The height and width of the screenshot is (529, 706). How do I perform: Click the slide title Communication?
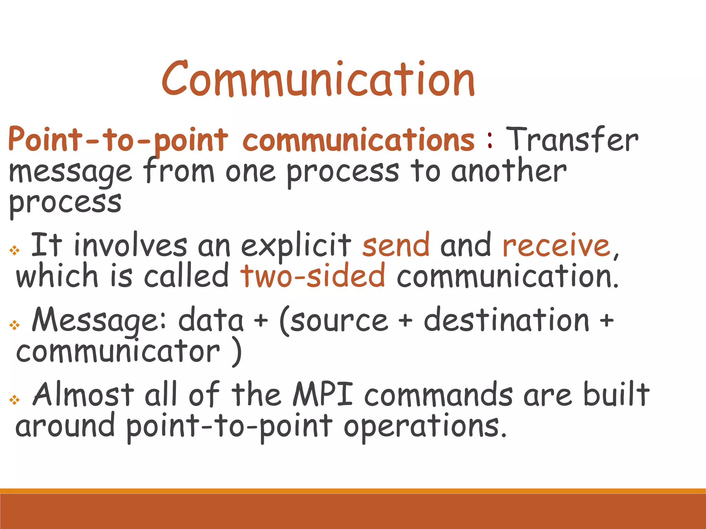(318, 79)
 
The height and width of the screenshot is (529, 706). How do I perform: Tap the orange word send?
(396, 245)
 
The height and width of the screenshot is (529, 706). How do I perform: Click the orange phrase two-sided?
(313, 276)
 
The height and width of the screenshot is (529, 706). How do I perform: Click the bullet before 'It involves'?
(14, 250)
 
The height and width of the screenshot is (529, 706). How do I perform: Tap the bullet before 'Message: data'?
(14, 325)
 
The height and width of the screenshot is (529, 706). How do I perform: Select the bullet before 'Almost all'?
(14, 400)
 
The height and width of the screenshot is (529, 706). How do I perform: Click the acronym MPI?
(323, 395)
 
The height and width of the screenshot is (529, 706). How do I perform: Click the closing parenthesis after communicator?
(236, 352)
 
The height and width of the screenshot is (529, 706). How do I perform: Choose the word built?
(616, 395)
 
